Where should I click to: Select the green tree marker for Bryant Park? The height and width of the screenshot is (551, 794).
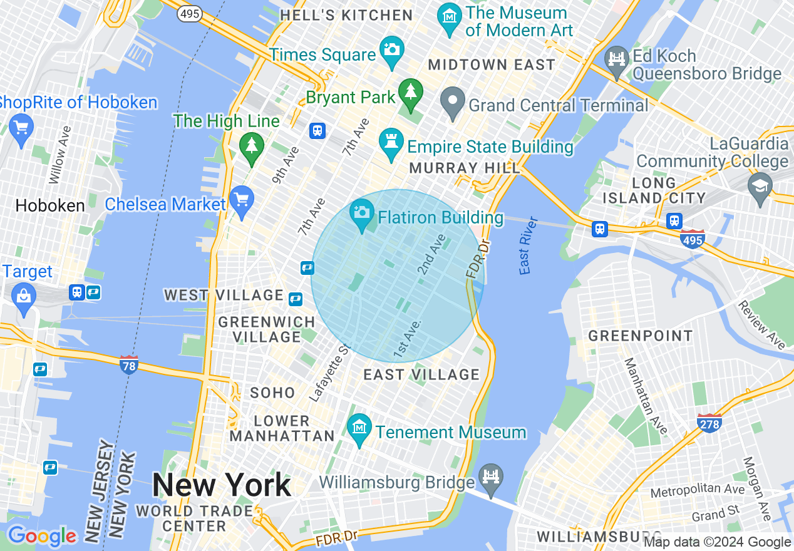(411, 93)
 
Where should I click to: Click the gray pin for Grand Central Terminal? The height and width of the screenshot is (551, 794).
(451, 101)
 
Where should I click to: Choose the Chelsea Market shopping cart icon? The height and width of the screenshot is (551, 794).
(242, 200)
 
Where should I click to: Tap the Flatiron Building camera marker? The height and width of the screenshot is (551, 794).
(361, 214)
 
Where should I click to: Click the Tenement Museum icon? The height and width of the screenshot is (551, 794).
(359, 428)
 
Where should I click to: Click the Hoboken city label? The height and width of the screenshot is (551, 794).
(50, 205)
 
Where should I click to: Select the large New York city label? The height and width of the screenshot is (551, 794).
(222, 485)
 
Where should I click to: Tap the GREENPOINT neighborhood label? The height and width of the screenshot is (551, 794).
(640, 336)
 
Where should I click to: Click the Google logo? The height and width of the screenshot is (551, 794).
(42, 536)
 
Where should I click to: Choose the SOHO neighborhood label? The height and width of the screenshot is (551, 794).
(272, 393)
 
